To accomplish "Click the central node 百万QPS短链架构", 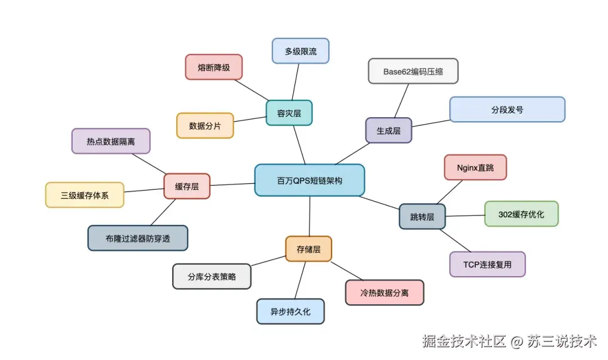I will (x=309, y=180).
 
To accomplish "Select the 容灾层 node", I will (x=289, y=113).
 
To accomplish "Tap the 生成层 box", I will (x=388, y=130).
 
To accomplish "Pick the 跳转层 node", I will (x=422, y=216).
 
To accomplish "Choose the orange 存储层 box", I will (x=309, y=248).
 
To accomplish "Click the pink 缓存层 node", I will (x=187, y=186).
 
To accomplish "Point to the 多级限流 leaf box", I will (x=300, y=51).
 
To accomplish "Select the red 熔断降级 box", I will (x=213, y=67).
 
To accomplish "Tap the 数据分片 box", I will (x=205, y=126).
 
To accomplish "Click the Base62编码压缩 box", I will (x=413, y=71).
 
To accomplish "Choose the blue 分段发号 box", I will (x=507, y=109).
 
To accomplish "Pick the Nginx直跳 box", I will (x=475, y=167).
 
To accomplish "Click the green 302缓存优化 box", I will (x=521, y=214).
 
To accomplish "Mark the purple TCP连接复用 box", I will (x=488, y=264).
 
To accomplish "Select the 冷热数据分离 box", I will (x=384, y=292).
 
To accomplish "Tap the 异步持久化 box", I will (x=290, y=311).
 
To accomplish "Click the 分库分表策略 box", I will (x=212, y=277).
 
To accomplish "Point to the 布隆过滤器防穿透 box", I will (x=138, y=238).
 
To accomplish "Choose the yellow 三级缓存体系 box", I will (x=84, y=195).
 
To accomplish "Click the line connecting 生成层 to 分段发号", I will (x=431, y=123).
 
